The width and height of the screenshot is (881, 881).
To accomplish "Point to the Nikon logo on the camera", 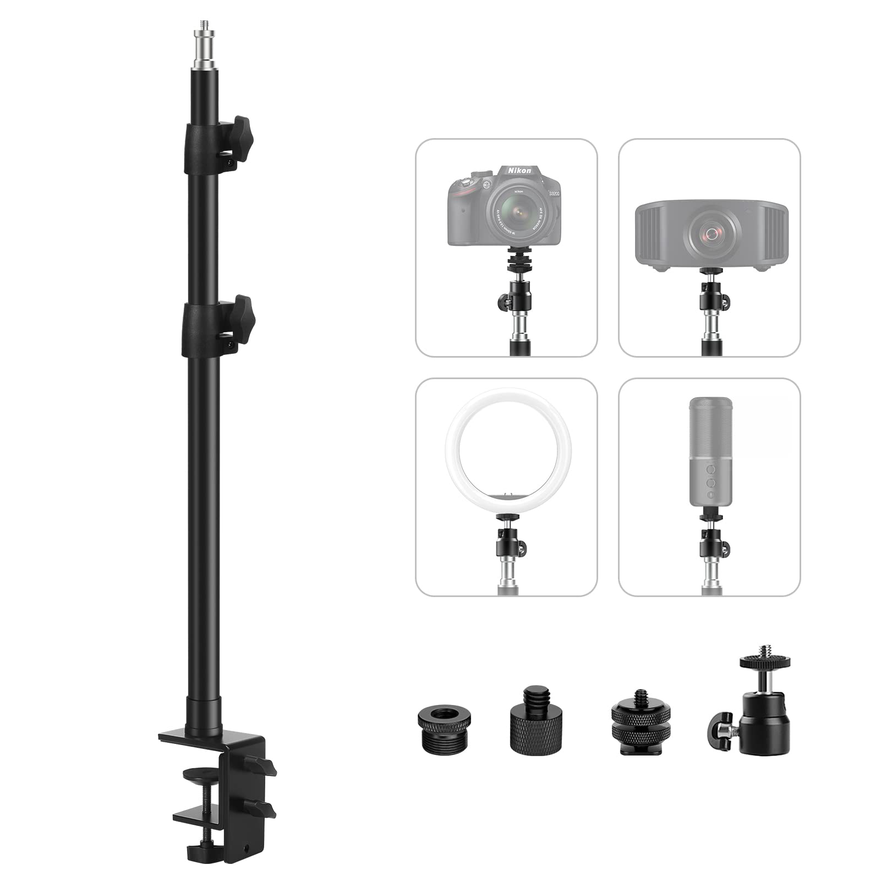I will pos(519,170).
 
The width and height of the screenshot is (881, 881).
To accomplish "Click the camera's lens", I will pos(512,212).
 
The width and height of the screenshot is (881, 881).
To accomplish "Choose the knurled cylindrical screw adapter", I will pos(530,721).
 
